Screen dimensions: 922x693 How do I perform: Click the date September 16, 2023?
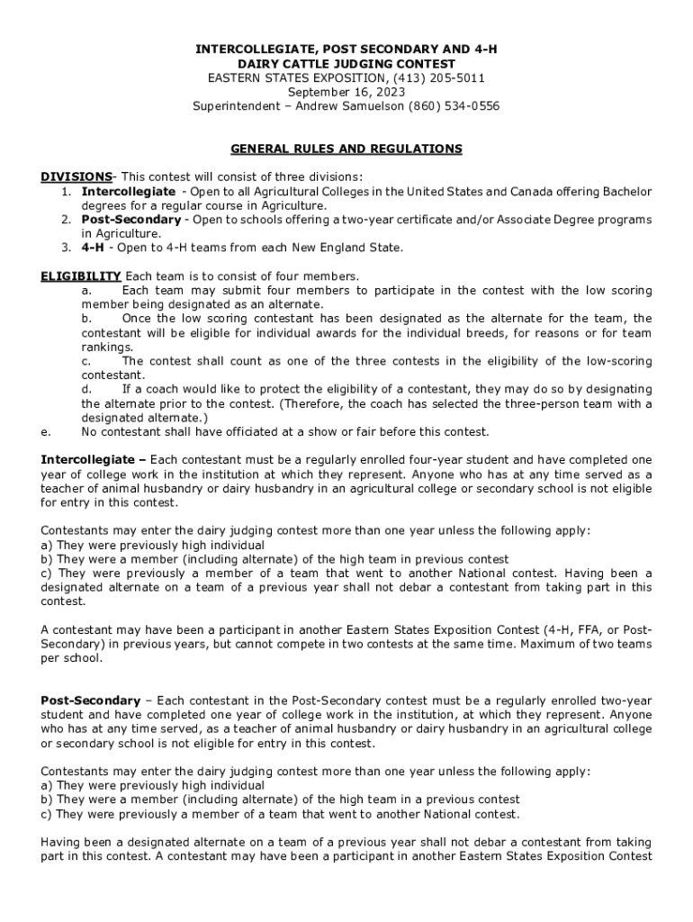tap(346, 92)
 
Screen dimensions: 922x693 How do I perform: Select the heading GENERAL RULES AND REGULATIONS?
tap(346, 149)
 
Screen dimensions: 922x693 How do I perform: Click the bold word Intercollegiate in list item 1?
tap(129, 192)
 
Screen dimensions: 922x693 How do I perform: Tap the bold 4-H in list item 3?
tap(94, 248)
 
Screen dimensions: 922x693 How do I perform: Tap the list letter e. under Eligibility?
tap(46, 431)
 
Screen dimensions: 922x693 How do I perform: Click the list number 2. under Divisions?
tap(67, 220)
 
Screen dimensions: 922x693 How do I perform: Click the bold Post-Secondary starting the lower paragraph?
tap(91, 701)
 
